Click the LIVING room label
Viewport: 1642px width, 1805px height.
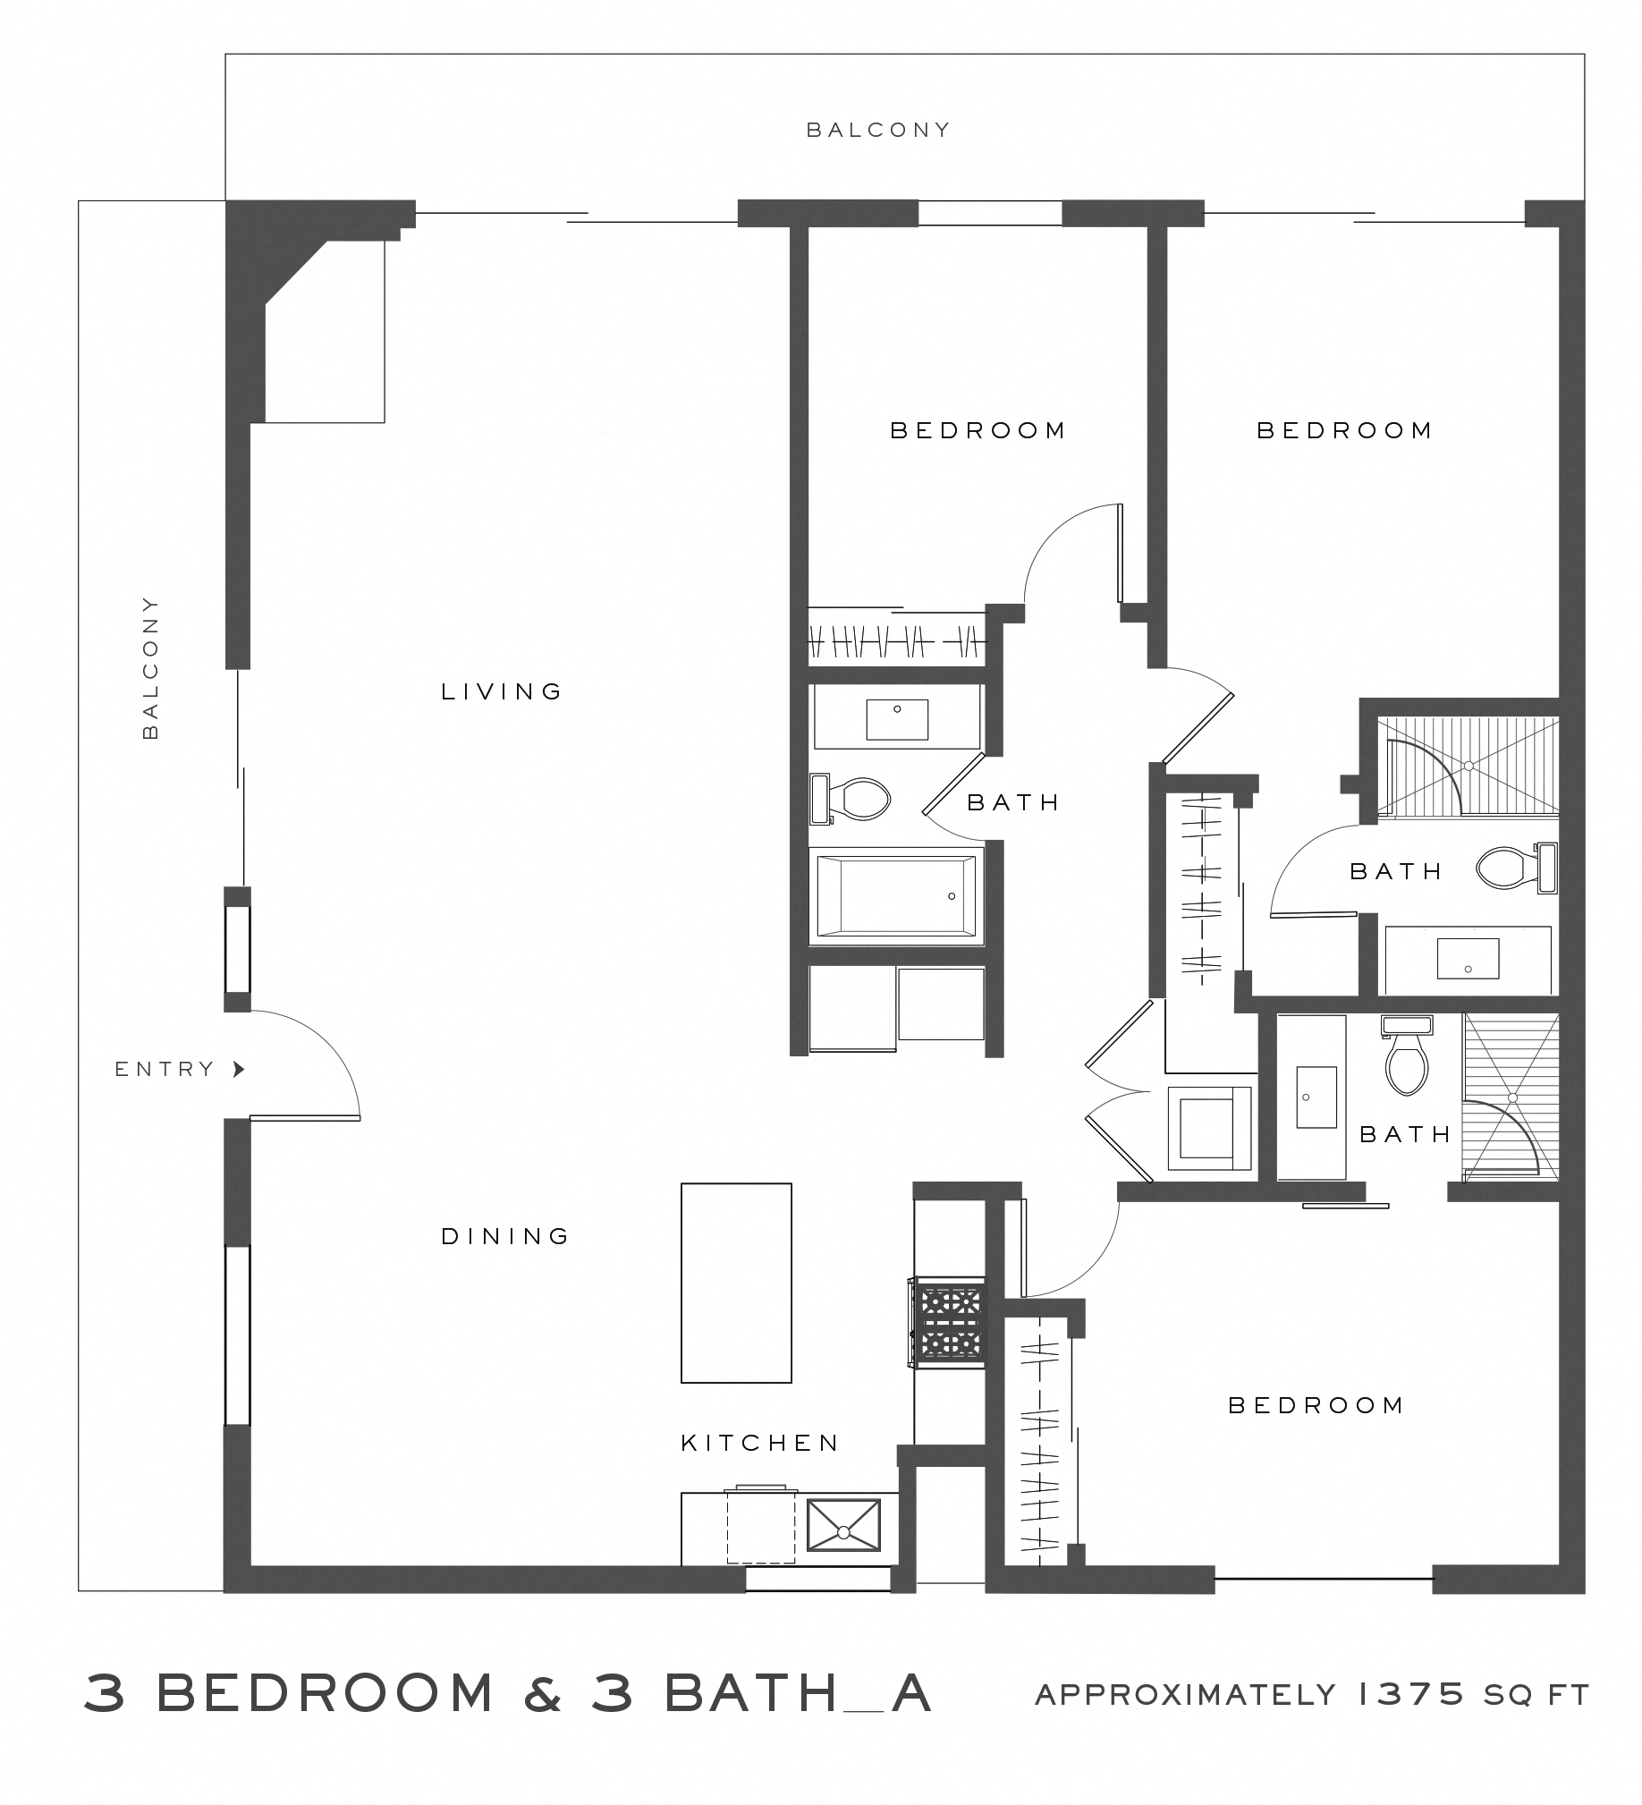coord(501,691)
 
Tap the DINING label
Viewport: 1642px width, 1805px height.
coord(505,1236)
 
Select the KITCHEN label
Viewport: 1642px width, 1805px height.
coord(759,1444)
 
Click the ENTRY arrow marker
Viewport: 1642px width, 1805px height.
coord(238,1069)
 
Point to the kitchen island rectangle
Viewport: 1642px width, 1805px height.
coord(735,1283)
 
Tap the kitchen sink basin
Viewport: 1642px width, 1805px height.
coord(842,1526)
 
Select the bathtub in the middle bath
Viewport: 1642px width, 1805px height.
coord(895,895)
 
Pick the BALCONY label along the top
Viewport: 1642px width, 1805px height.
coord(877,131)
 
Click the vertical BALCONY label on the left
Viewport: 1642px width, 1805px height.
coord(150,667)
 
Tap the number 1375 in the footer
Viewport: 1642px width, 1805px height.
coord(1410,1694)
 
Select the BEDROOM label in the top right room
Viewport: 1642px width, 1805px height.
coord(1344,430)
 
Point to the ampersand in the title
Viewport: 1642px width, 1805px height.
coord(543,1693)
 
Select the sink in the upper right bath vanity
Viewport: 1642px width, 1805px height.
coord(1468,958)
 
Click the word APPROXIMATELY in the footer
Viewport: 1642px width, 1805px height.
coord(1185,1695)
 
